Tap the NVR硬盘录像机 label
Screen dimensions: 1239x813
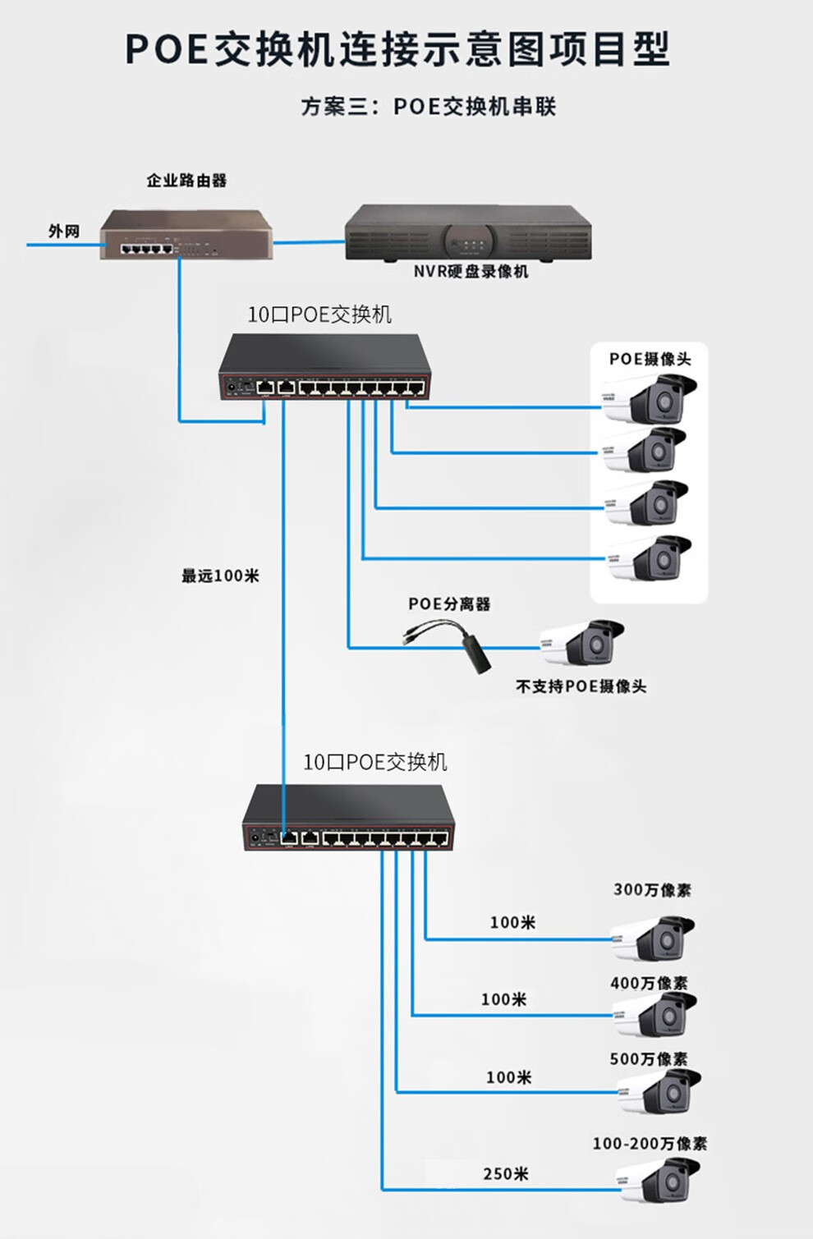pos(471,272)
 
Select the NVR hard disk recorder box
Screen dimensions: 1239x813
pos(468,232)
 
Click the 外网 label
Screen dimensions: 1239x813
pos(64,232)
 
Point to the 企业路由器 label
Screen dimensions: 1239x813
pos(186,181)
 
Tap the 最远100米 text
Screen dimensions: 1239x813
pos(220,576)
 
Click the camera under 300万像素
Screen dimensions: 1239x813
pos(654,938)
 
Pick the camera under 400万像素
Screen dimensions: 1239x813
pos(655,1015)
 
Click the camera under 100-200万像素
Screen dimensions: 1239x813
pos(659,1181)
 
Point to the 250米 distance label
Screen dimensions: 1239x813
pos(506,1174)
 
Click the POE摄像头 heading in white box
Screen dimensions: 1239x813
pos(650,359)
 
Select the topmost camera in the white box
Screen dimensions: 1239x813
pos(650,399)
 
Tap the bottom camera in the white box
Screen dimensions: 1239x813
pos(650,559)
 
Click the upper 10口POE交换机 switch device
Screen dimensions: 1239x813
pos(325,368)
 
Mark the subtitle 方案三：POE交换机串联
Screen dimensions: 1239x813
pos(429,107)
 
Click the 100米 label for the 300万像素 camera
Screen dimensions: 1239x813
pos(512,923)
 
